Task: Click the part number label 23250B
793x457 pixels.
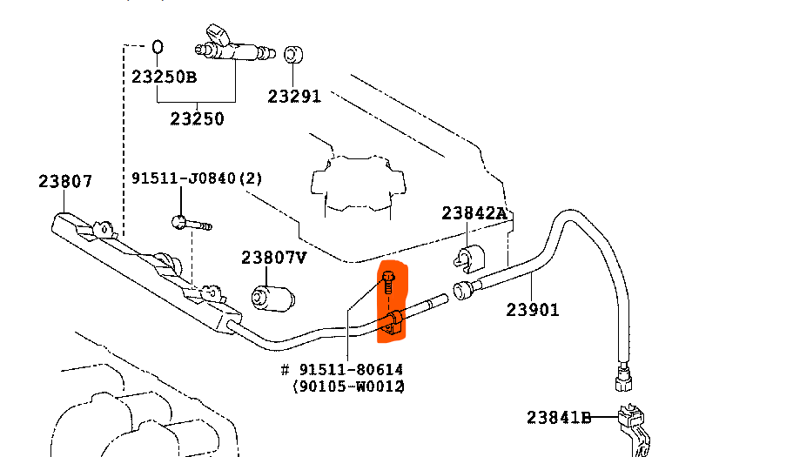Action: pyautogui.click(x=164, y=77)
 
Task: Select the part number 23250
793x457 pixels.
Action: pyautogui.click(x=197, y=118)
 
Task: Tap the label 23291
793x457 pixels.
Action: pyautogui.click(x=294, y=97)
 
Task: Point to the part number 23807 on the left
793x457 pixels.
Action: pyautogui.click(x=65, y=182)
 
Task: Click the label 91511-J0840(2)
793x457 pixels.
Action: pyautogui.click(x=197, y=178)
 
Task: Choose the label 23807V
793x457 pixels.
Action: pyautogui.click(x=274, y=258)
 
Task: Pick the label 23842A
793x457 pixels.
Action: pyautogui.click(x=474, y=213)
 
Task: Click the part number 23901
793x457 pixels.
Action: pyautogui.click(x=533, y=309)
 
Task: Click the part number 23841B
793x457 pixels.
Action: pyautogui.click(x=559, y=418)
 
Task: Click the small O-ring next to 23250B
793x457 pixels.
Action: pyautogui.click(x=158, y=46)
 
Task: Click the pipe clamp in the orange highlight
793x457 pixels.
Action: pyautogui.click(x=393, y=321)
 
